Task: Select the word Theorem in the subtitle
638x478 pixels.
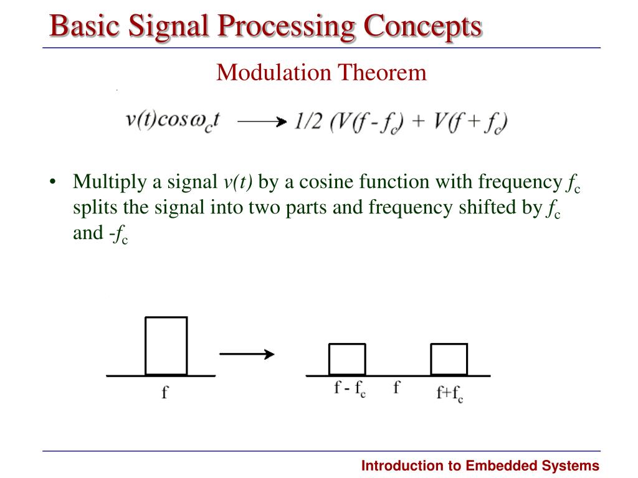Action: click(383, 73)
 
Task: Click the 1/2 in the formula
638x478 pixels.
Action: click(308, 122)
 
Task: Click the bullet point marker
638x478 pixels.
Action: click(54, 182)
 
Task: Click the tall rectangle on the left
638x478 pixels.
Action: click(166, 346)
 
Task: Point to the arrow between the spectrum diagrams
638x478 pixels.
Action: click(247, 354)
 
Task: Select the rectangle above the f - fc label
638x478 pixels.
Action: click(347, 359)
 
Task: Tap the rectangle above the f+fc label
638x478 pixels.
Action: click(449, 359)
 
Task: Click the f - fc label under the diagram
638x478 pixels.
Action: click(350, 390)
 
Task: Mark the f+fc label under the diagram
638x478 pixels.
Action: click(449, 394)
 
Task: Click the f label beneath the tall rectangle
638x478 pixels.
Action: click(164, 393)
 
